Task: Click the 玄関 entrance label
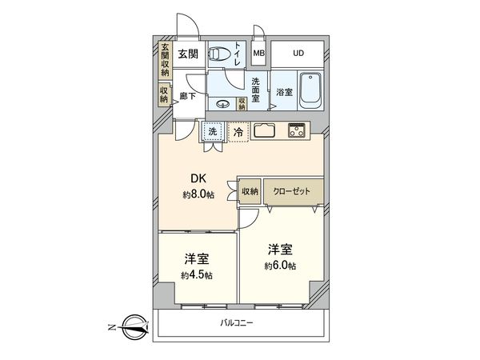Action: pos(187,54)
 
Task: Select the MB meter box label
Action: pos(259,54)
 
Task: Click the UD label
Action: pos(298,54)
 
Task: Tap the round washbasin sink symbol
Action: pos(222,103)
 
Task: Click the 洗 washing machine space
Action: pos(213,131)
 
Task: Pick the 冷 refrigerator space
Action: pos(238,131)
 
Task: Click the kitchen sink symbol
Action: pos(265,130)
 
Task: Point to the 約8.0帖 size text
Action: pos(198,194)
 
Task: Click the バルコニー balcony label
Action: pos(237,323)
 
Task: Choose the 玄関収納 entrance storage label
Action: pos(165,59)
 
